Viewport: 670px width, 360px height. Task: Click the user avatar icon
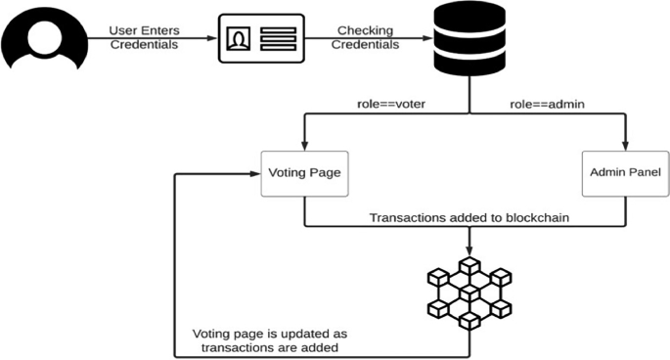(x=41, y=36)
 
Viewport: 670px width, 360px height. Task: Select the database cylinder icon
(x=470, y=39)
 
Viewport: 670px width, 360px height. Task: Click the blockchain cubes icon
(x=470, y=292)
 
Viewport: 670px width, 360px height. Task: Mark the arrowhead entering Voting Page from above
(x=304, y=145)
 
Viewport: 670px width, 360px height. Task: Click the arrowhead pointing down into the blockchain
(x=470, y=250)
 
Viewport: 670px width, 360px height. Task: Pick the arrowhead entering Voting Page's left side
(x=256, y=174)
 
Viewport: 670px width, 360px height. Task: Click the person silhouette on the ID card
(x=239, y=39)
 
